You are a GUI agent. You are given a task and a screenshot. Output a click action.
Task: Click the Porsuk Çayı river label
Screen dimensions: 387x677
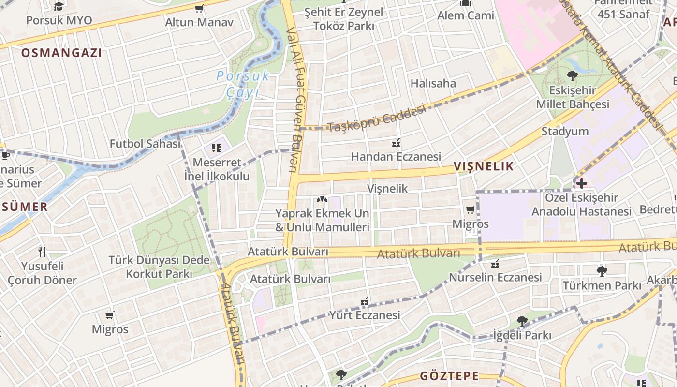point(243,83)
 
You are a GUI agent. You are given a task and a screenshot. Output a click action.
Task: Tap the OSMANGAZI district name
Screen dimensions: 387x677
point(61,53)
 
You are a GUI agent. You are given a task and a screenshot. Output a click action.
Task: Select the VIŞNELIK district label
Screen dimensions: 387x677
point(483,166)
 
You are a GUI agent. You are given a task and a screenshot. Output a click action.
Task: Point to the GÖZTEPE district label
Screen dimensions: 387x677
point(449,375)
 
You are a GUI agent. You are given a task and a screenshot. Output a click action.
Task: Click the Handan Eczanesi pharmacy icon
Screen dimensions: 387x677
point(396,143)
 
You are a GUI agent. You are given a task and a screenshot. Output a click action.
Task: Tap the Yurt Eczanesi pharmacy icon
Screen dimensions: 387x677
point(365,301)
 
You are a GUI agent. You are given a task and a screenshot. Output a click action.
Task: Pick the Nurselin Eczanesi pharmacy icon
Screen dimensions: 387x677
point(495,264)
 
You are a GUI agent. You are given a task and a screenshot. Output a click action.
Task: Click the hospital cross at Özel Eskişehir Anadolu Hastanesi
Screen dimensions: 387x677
point(581,183)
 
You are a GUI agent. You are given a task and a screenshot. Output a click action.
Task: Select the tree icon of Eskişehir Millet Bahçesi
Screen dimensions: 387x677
point(572,75)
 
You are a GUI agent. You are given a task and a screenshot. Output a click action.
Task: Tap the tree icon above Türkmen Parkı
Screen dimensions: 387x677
point(602,271)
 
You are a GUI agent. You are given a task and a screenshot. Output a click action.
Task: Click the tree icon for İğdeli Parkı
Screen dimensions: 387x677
point(522,320)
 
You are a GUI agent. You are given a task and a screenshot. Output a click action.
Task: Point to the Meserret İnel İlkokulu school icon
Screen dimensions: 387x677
point(216,148)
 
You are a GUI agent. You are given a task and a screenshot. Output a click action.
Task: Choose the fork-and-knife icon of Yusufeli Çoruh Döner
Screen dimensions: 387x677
point(42,251)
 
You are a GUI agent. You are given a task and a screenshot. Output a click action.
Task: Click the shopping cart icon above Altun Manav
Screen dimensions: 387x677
point(199,8)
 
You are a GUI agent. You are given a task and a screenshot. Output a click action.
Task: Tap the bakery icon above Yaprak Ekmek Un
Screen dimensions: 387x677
point(322,199)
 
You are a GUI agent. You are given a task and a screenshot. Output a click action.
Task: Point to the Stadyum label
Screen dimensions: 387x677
point(565,131)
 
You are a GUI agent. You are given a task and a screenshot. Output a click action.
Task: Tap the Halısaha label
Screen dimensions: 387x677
point(433,83)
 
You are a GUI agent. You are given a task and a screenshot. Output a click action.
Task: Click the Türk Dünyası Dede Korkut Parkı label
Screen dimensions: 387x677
point(159,267)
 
